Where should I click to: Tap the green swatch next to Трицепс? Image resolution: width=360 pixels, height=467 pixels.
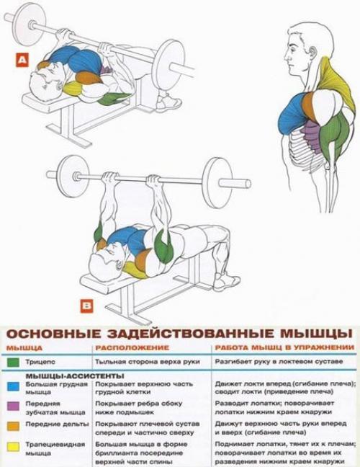pyautogui.click(x=12, y=361)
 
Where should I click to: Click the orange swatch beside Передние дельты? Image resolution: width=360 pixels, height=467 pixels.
pyautogui.click(x=12, y=425)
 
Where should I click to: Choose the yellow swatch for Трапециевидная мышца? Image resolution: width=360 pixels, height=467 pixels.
pyautogui.click(x=12, y=445)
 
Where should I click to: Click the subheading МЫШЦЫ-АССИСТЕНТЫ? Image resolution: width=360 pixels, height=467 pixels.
pyautogui.click(x=66, y=375)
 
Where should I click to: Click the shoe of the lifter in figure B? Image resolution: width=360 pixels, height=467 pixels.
pyautogui.click(x=227, y=279)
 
